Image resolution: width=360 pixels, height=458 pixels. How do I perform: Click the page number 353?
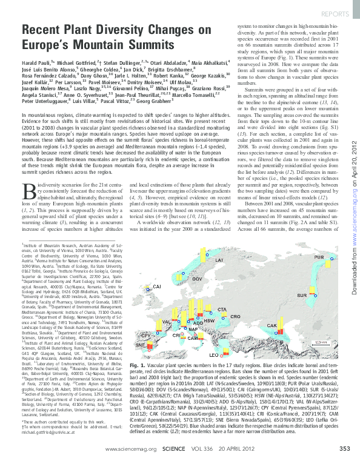[x=344, y=448]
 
